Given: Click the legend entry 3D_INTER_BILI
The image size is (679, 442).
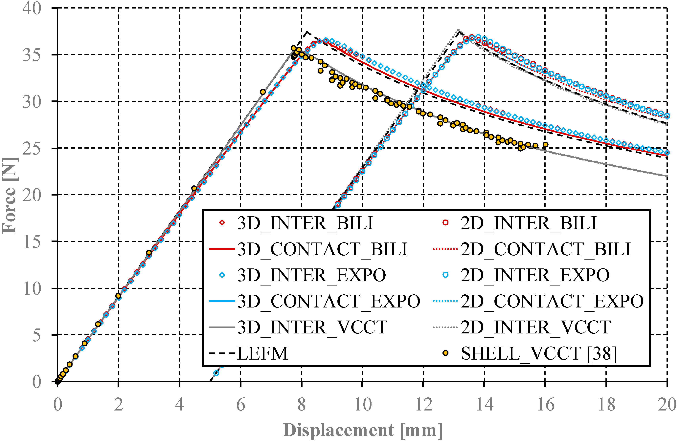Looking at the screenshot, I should (305, 223).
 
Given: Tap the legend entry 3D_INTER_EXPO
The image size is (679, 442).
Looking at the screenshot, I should (311, 275).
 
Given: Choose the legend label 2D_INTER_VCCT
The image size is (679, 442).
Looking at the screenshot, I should (535, 327).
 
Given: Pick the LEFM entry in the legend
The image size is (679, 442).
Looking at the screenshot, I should (262, 354).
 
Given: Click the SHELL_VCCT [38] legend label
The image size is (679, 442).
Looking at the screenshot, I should (539, 354).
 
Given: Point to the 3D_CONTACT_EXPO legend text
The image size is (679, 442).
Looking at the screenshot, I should (328, 301).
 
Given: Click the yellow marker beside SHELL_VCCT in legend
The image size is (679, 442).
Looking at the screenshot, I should (445, 353).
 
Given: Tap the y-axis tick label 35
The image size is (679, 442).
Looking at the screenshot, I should (32, 55).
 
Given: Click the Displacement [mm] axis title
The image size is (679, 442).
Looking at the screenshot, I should (362, 430).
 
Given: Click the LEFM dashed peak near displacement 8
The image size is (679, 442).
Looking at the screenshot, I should (307, 32).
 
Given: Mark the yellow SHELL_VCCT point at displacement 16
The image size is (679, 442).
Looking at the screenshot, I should (545, 145).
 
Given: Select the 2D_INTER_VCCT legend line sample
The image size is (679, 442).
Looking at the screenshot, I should (445, 327).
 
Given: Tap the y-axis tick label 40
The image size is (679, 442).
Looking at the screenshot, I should (32, 9).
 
